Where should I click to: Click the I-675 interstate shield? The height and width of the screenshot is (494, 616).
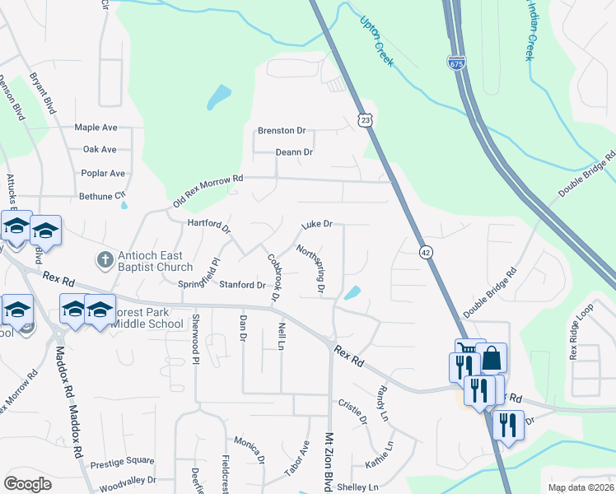coord(455,62)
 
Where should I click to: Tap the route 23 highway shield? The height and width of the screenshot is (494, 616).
coord(365,120)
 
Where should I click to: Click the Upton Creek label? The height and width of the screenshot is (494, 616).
coord(378,40)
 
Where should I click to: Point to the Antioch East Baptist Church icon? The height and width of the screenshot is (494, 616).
coord(105,260)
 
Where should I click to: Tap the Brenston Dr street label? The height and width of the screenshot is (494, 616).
coord(281,131)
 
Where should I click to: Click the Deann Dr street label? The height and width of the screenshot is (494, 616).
coord(294,152)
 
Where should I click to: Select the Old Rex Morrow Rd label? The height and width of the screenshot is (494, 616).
coord(208,191)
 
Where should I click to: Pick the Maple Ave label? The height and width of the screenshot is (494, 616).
coord(96,128)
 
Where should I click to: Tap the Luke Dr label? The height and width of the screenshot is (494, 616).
coord(316,224)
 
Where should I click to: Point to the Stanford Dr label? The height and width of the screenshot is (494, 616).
coord(242,286)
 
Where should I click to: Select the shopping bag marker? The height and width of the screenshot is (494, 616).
coord(492,358)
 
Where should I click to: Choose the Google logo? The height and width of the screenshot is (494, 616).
coord(27,484)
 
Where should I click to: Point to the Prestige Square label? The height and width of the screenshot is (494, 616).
coord(122,461)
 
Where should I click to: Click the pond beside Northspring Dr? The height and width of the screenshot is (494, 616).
coord(352,292)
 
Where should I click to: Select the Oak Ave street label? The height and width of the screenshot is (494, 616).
coord(100,150)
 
